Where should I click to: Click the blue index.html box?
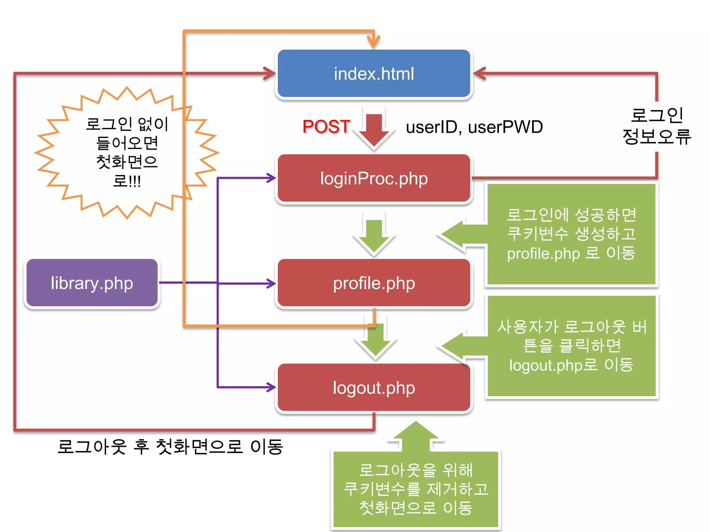pos(374,73)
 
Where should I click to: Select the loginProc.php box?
pos(374,178)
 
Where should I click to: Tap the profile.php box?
pos(374,283)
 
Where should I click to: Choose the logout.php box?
pos(374,388)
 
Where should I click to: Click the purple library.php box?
pos(92,283)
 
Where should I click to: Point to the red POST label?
pos(326,126)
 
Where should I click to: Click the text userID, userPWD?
pos(474,127)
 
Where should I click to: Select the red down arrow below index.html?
pos(374,130)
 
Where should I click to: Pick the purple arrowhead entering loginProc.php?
pos(271,178)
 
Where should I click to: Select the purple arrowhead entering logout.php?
pos(271,387)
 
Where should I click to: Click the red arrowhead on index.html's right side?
pos(480,73)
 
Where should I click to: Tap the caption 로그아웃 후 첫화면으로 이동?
pos(170,447)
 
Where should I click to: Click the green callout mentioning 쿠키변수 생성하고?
pos(571,234)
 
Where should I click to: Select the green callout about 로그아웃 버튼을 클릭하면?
pos(571,346)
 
